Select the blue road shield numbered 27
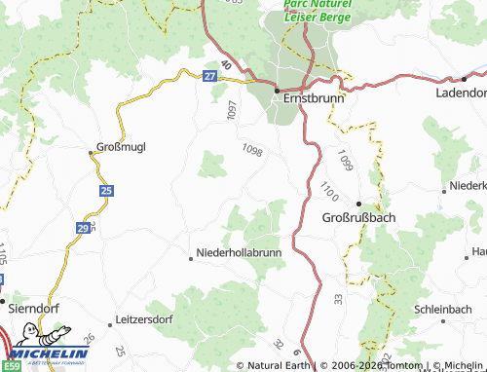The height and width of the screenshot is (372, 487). [210, 76]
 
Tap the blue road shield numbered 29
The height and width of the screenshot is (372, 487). [84, 228]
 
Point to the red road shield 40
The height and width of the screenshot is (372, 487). [227, 65]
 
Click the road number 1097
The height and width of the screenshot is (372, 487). [231, 110]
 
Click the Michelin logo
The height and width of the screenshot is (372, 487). [39, 353]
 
